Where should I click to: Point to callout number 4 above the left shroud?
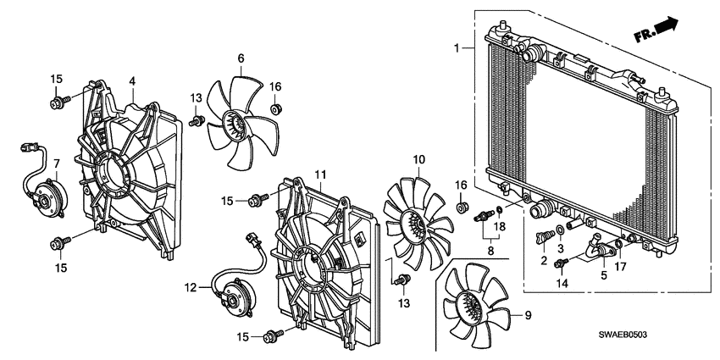[x=132, y=80]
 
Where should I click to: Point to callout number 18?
[x=499, y=227]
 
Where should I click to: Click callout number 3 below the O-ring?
[x=559, y=247]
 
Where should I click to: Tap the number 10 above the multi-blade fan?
[x=418, y=159]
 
